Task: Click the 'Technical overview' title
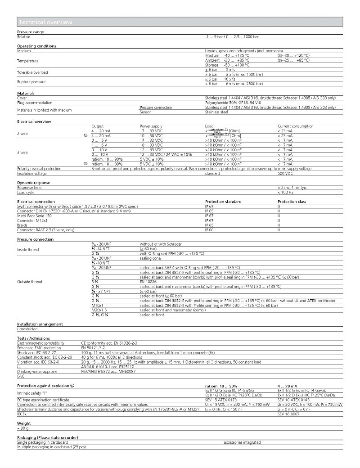coord(45,22)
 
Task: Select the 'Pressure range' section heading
coord(31,32)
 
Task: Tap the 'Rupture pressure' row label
coord(32,82)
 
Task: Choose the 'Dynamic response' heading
coord(34,183)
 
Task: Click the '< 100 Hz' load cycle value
coord(286,192)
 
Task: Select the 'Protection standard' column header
coord(223,202)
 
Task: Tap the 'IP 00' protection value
coord(209,229)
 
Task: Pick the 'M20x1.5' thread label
coord(99,310)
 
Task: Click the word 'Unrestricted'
coord(27,329)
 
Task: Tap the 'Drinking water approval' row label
coord(37,371)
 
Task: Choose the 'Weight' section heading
coord(24,423)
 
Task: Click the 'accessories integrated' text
coord(242,442)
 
